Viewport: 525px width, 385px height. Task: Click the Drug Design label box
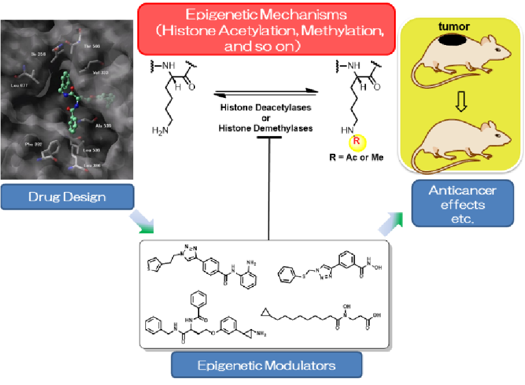67,197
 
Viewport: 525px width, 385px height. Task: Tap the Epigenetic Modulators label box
267,365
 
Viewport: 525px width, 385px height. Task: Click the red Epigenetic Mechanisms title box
266,30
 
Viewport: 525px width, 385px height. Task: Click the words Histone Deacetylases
265,108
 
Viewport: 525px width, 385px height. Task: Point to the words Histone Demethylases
265,127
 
